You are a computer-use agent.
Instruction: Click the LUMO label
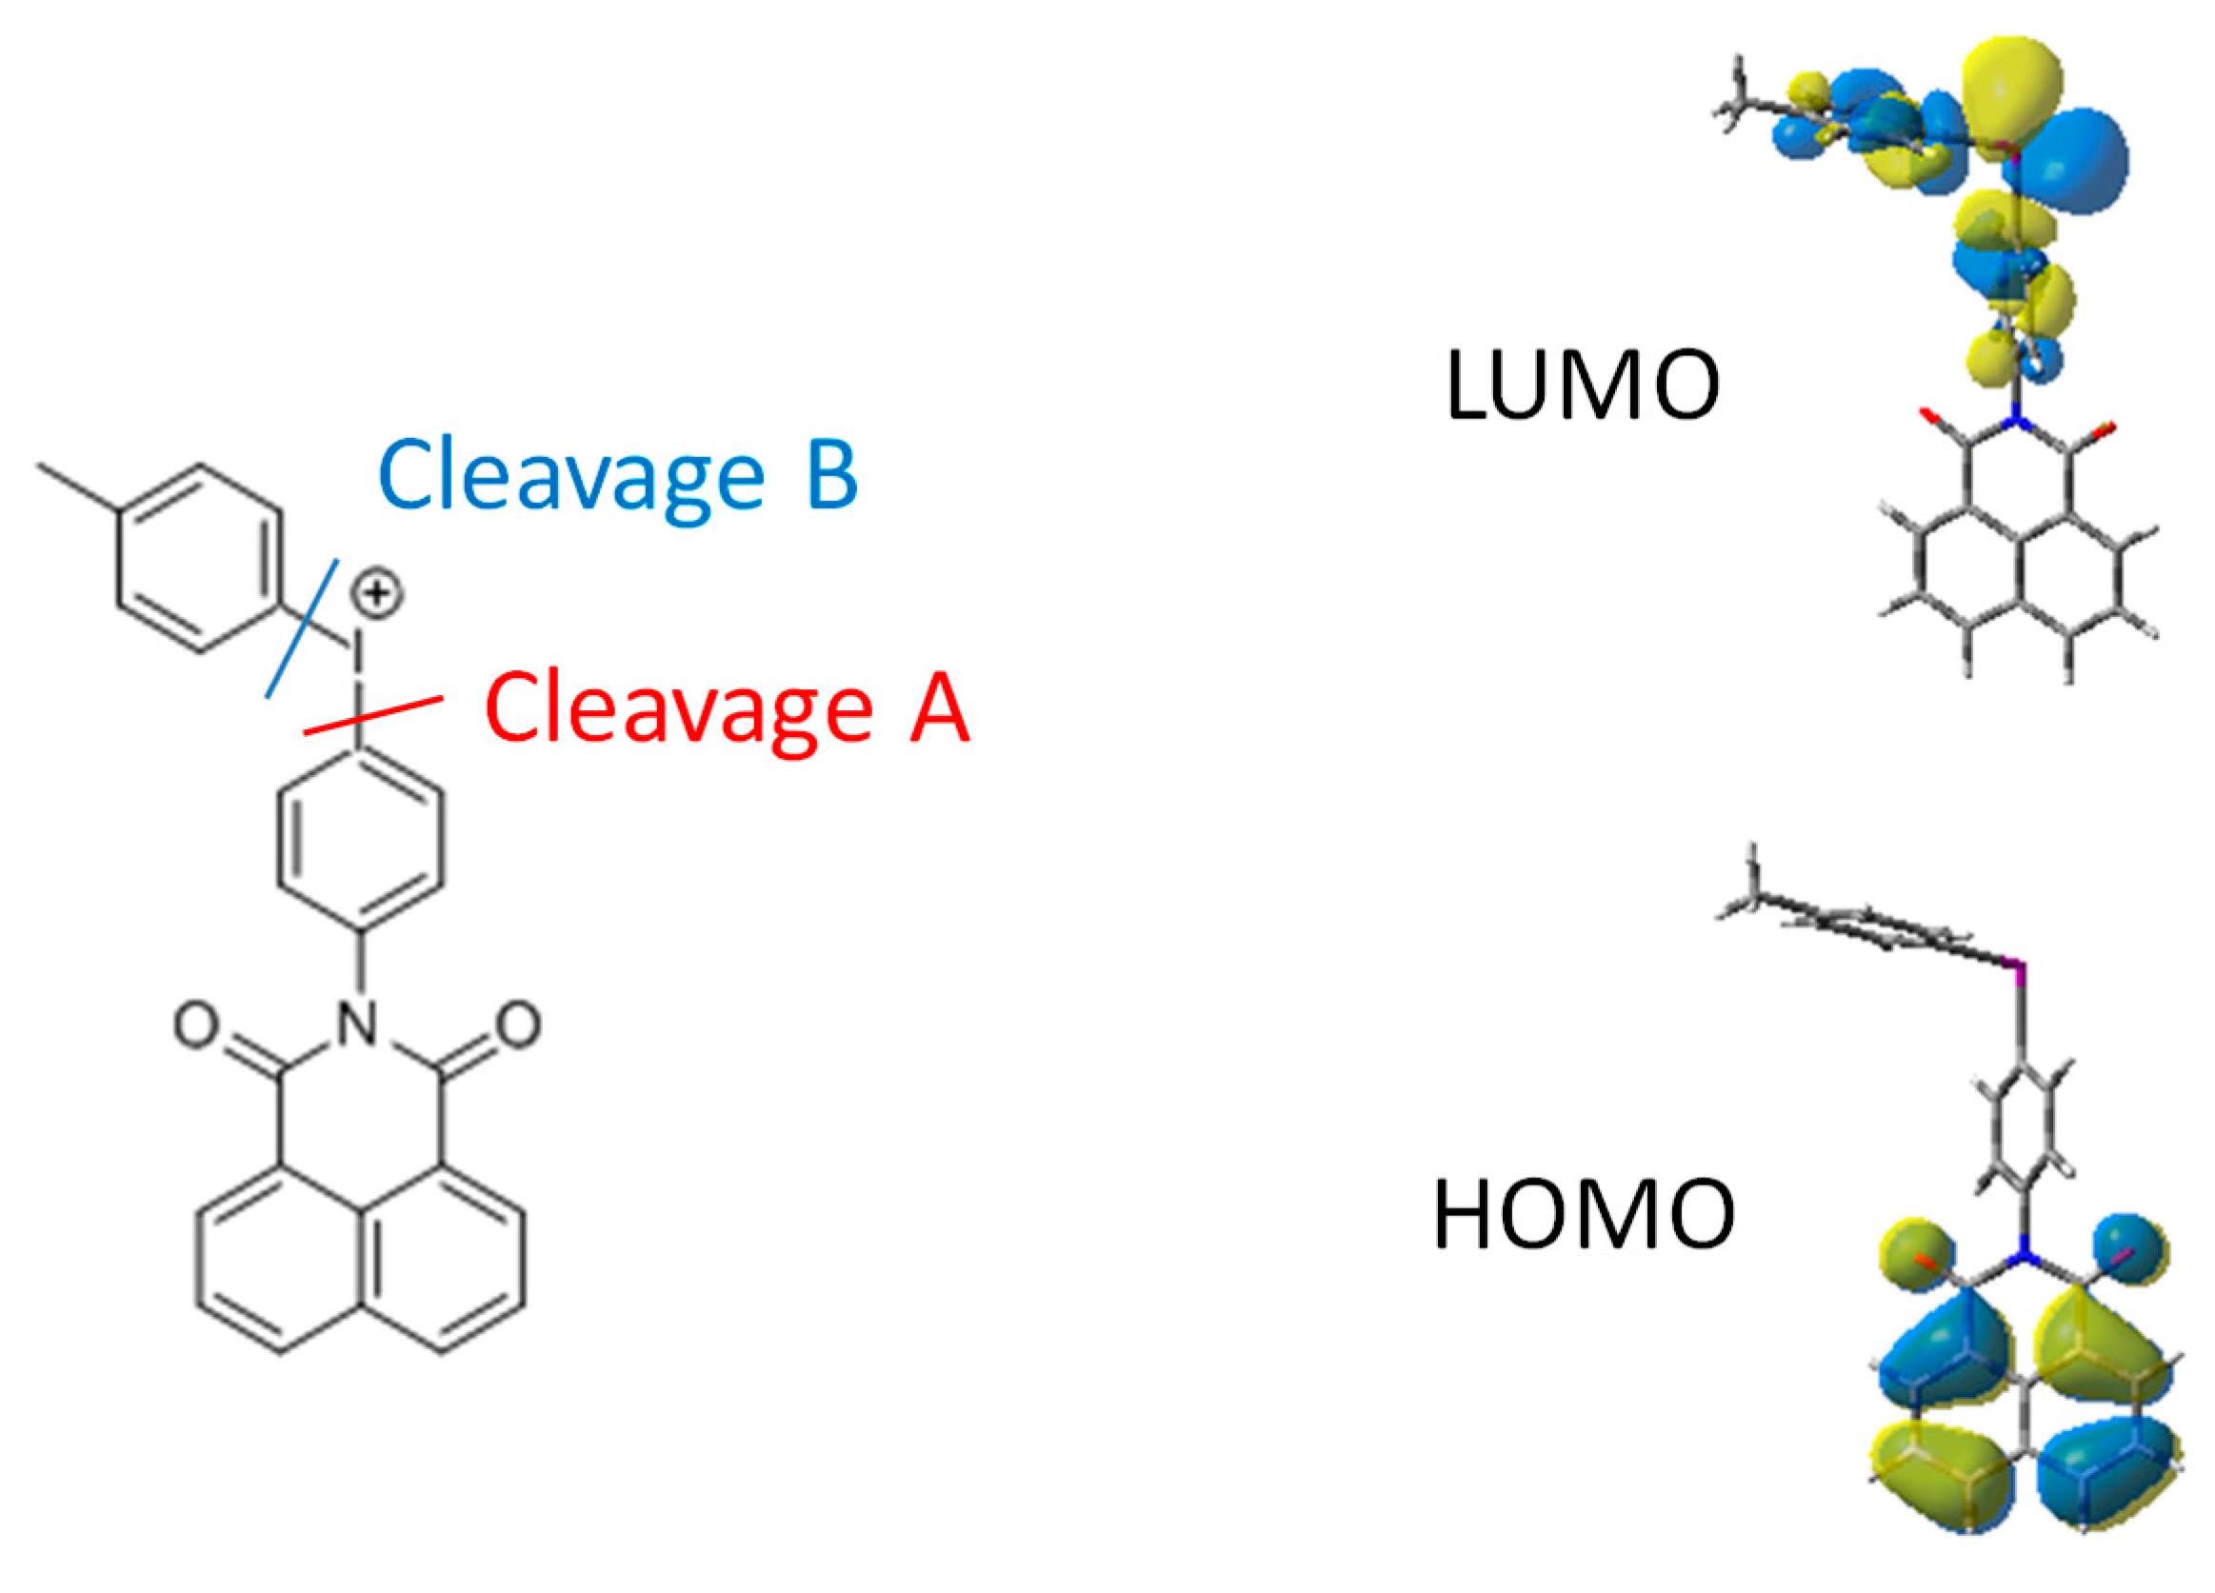coord(1582,385)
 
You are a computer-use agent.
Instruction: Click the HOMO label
coord(1583,1215)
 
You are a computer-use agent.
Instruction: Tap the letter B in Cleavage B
coord(831,476)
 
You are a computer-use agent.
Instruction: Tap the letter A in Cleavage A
coord(940,708)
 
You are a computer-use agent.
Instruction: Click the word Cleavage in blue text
coord(571,476)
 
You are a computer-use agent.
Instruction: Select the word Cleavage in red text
coord(679,708)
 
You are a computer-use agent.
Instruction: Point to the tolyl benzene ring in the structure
coord(200,558)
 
